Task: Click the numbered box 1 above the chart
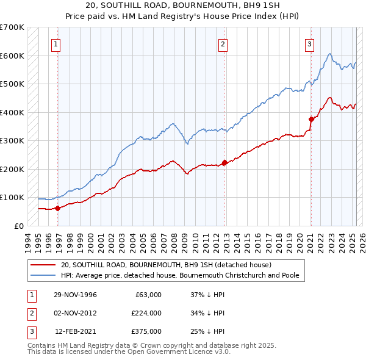(x=56, y=44)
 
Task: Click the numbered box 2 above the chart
(x=223, y=44)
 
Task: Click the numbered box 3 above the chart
(x=309, y=44)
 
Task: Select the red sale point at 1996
(x=58, y=208)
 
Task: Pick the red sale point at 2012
(x=224, y=162)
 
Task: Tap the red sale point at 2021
(x=311, y=120)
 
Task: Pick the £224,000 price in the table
(x=146, y=313)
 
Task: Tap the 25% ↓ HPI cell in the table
(x=208, y=331)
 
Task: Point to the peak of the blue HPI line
(x=329, y=54)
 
